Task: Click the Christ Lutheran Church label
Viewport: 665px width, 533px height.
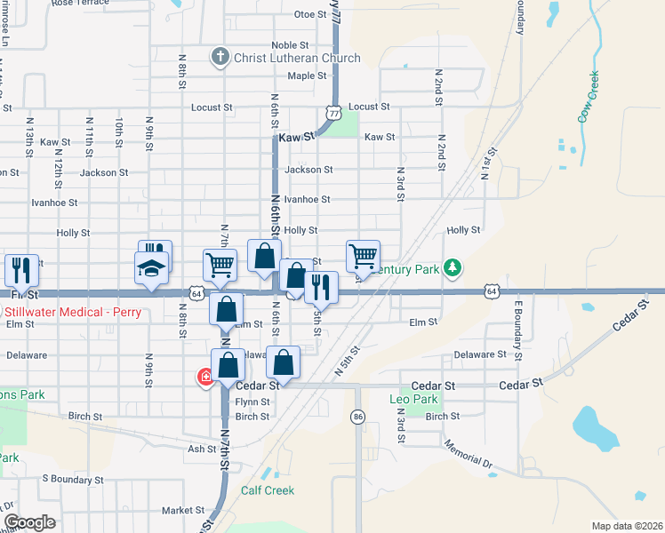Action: coord(297,59)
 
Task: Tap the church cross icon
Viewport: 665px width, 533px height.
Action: coord(220,58)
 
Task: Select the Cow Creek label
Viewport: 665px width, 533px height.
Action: coord(589,97)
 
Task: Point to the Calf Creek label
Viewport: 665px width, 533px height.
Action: coord(268,490)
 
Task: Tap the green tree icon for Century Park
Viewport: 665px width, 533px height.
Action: coord(453,266)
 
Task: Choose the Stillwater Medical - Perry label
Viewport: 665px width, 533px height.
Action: coord(58,312)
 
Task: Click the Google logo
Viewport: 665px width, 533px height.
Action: coord(29,522)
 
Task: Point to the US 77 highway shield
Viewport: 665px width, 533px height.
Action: coord(333,113)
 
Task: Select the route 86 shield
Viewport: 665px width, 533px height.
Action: coord(358,416)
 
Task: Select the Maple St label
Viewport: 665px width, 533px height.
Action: coord(307,76)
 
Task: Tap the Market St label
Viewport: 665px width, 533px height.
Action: coord(183,511)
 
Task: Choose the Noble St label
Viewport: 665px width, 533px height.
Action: coord(290,45)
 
